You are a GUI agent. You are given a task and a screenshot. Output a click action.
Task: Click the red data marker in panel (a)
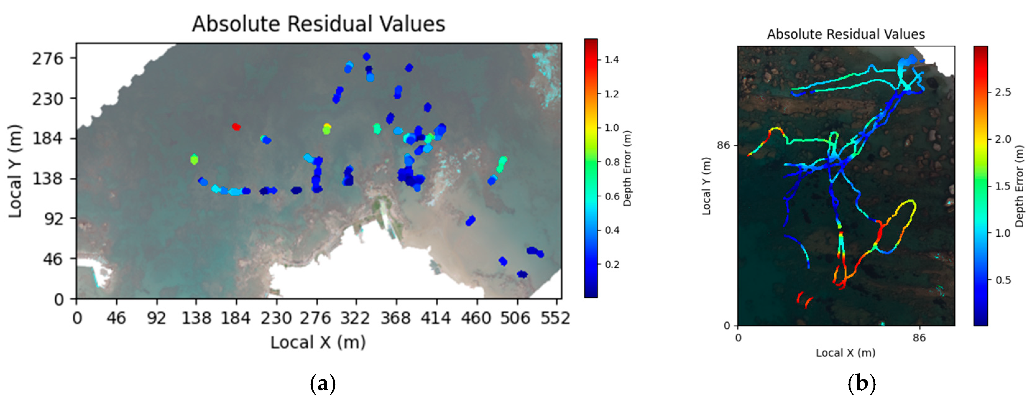(236, 127)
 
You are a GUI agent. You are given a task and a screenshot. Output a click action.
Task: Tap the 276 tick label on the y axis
(48, 58)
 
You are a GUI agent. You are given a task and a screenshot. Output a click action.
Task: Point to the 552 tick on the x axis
(555, 318)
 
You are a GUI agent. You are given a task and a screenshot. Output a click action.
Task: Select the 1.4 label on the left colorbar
(611, 60)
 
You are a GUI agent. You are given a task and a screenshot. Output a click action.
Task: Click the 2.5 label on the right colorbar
(1003, 92)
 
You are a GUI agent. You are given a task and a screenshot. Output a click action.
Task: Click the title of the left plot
(319, 24)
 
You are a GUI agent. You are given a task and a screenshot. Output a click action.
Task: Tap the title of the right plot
(846, 34)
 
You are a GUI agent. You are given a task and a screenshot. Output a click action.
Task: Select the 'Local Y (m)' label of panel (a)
(15, 172)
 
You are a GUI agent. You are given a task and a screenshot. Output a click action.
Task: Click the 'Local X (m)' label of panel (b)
(846, 353)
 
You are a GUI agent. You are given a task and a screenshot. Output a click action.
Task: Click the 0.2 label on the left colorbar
(611, 265)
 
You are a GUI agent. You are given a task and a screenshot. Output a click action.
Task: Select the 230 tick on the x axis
(276, 318)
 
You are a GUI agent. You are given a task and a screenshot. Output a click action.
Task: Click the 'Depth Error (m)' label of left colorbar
(627, 168)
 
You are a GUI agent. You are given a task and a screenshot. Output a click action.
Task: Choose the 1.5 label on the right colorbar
(1003, 186)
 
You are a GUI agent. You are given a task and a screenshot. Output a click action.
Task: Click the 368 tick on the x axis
(395, 318)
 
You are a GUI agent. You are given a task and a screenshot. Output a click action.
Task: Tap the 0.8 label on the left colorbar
(611, 162)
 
